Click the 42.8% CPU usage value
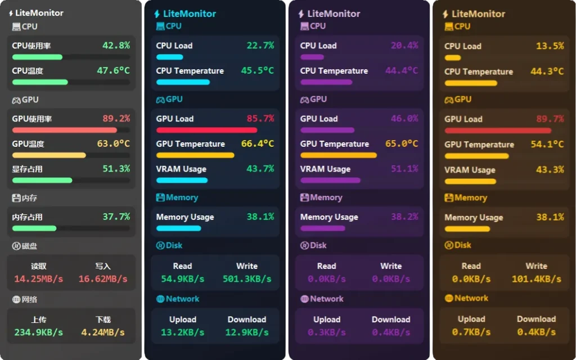click(x=116, y=46)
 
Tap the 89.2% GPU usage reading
click(x=116, y=119)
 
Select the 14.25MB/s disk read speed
click(x=39, y=279)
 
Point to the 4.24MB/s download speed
click(x=103, y=332)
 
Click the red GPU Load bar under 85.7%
click(x=206, y=130)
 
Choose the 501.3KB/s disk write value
click(x=247, y=279)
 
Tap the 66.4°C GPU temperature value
click(x=258, y=144)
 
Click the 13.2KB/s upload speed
click(x=183, y=332)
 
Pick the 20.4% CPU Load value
click(x=404, y=46)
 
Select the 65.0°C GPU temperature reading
click(x=402, y=144)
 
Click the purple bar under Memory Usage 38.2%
click(x=323, y=228)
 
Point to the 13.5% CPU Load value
click(x=550, y=46)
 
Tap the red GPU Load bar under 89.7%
click(x=498, y=130)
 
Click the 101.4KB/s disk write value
click(x=537, y=279)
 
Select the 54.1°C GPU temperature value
click(x=547, y=145)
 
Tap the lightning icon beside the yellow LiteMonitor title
click(x=445, y=14)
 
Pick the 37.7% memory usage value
click(x=116, y=217)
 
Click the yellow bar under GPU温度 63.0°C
click(x=49, y=155)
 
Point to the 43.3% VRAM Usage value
click(x=550, y=170)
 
